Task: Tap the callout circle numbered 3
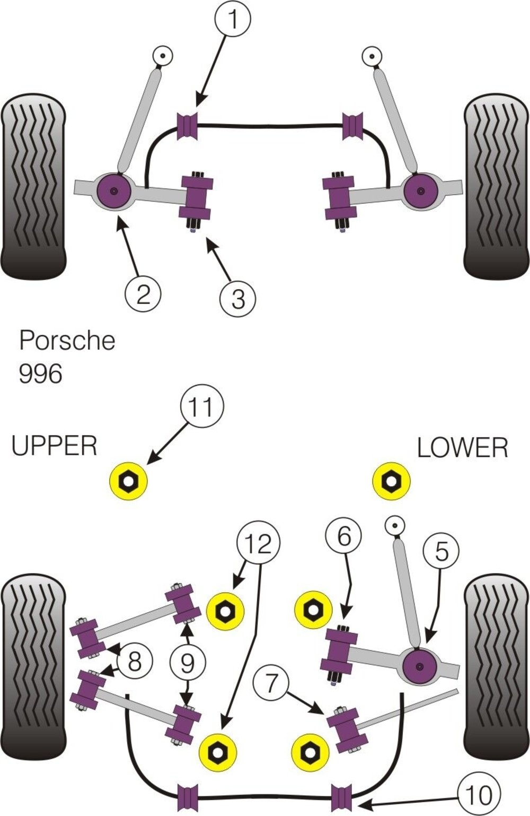238,298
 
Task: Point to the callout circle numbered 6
343,536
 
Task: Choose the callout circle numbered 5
441,552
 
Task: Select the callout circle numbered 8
135,661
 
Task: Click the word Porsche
67,340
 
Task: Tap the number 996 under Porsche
40,374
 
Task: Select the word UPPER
55,446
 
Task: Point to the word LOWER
462,448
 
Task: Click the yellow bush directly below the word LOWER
391,481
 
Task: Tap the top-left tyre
34,185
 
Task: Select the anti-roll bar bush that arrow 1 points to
187,126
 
